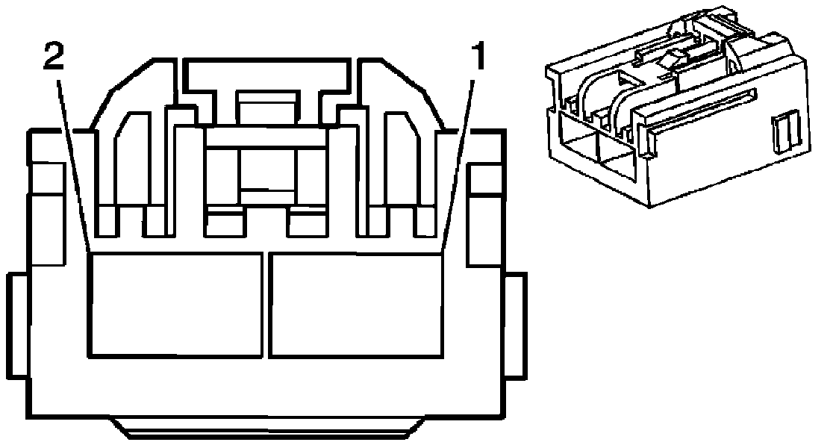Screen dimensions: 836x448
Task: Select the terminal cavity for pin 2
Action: [x=175, y=304]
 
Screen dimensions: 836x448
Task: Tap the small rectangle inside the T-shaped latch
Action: [x=267, y=106]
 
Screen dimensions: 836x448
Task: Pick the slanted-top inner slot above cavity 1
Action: [x=400, y=157]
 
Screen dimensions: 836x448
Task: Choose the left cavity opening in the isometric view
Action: [x=576, y=145]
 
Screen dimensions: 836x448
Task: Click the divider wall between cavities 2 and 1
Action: [x=266, y=304]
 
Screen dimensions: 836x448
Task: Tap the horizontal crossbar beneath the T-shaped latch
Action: [x=267, y=136]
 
